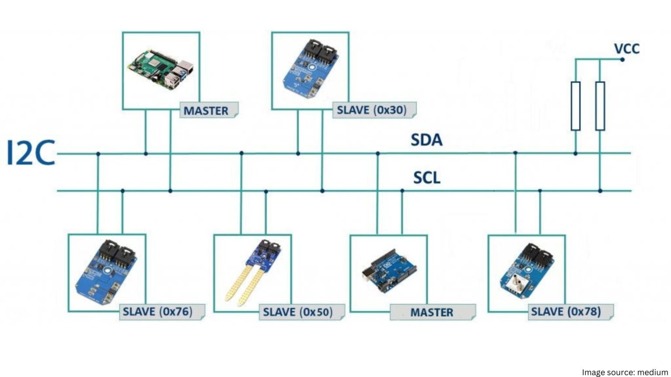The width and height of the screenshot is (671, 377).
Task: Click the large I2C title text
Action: click(31, 153)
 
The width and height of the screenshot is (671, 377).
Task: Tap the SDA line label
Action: click(426, 140)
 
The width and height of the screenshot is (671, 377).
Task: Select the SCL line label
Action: click(427, 178)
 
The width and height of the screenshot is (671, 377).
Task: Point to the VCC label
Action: click(626, 48)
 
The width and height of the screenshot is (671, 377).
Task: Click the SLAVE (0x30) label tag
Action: click(372, 110)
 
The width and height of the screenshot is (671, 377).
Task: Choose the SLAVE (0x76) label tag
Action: click(158, 312)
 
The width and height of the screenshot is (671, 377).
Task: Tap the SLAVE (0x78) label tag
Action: click(566, 312)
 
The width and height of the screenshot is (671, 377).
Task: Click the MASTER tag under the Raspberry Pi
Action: click(206, 110)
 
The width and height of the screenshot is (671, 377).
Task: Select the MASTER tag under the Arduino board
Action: click(432, 312)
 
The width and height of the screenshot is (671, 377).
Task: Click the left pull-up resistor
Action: click(576, 106)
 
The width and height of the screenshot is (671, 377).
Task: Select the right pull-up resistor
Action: click(600, 106)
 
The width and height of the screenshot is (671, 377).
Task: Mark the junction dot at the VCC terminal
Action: click(623, 59)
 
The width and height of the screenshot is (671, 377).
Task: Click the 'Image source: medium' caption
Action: click(625, 372)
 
